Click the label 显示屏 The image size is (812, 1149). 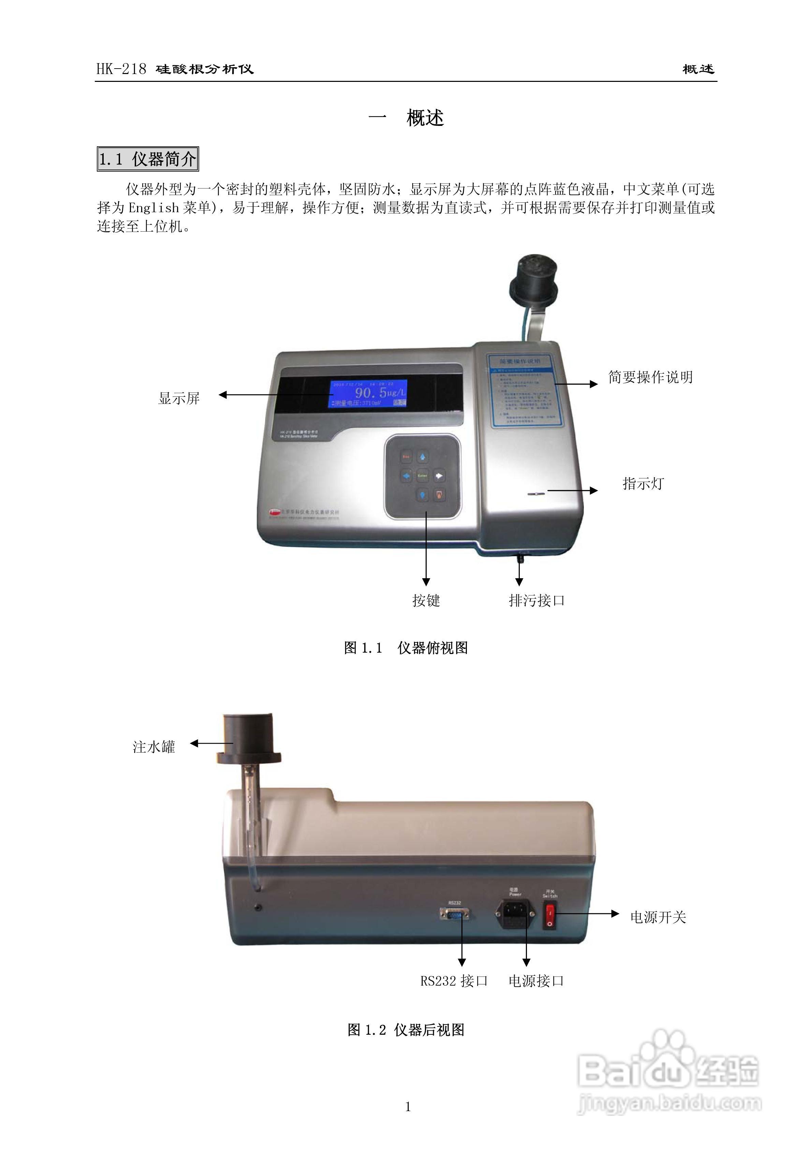[179, 398]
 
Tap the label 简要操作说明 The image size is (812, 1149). [650, 377]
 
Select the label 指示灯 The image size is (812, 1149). [643, 483]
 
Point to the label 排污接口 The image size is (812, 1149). [536, 600]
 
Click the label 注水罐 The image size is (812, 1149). [153, 747]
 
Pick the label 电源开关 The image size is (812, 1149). [658, 917]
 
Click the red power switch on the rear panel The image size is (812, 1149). [549, 916]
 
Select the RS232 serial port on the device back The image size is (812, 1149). [454, 914]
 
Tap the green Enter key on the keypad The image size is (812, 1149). [422, 476]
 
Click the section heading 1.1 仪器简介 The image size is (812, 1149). [148, 159]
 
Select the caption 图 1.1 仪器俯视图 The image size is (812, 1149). [406, 648]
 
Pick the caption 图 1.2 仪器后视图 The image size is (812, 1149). [406, 1030]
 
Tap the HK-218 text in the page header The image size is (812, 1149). [121, 69]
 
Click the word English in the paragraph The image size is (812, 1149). [153, 208]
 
